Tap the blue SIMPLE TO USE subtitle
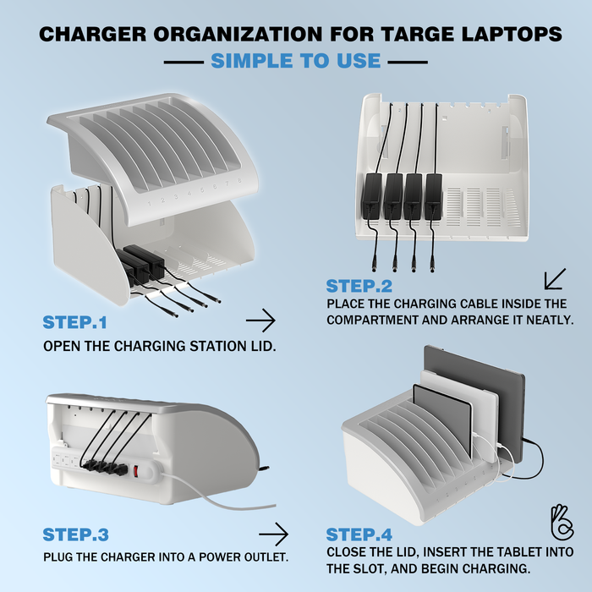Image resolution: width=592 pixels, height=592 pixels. [x=295, y=61]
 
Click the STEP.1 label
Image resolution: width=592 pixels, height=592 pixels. [x=75, y=321]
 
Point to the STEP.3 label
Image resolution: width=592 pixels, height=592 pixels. [x=75, y=534]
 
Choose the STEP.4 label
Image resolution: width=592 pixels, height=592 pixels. [x=359, y=534]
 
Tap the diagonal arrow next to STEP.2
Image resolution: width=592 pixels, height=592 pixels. [x=555, y=279]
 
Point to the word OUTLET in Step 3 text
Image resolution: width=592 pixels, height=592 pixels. [x=264, y=557]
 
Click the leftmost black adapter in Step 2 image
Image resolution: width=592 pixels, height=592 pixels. [x=372, y=195]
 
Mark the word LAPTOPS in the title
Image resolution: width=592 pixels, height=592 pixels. [x=516, y=35]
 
